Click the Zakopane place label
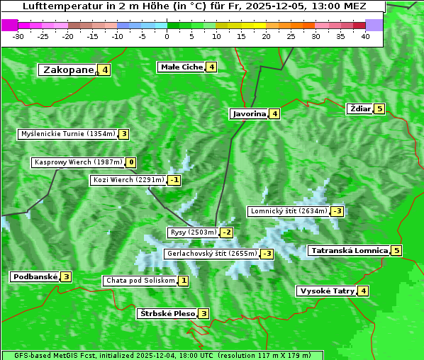coord(68,69)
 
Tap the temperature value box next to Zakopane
coord(105,69)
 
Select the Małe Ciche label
coord(182,67)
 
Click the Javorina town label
coord(248,113)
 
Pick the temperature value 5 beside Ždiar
coord(380,108)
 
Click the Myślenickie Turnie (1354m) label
coord(67,134)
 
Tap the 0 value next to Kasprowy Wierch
coord(131,162)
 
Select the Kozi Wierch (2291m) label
coord(128,180)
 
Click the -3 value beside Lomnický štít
coord(337,211)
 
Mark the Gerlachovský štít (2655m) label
coord(211,254)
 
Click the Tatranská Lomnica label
coord(350,250)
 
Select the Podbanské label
coord(34,276)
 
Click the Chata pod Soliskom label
coord(139,281)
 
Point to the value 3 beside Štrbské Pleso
coord(203,313)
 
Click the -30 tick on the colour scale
coord(18,36)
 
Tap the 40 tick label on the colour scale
coord(365,36)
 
